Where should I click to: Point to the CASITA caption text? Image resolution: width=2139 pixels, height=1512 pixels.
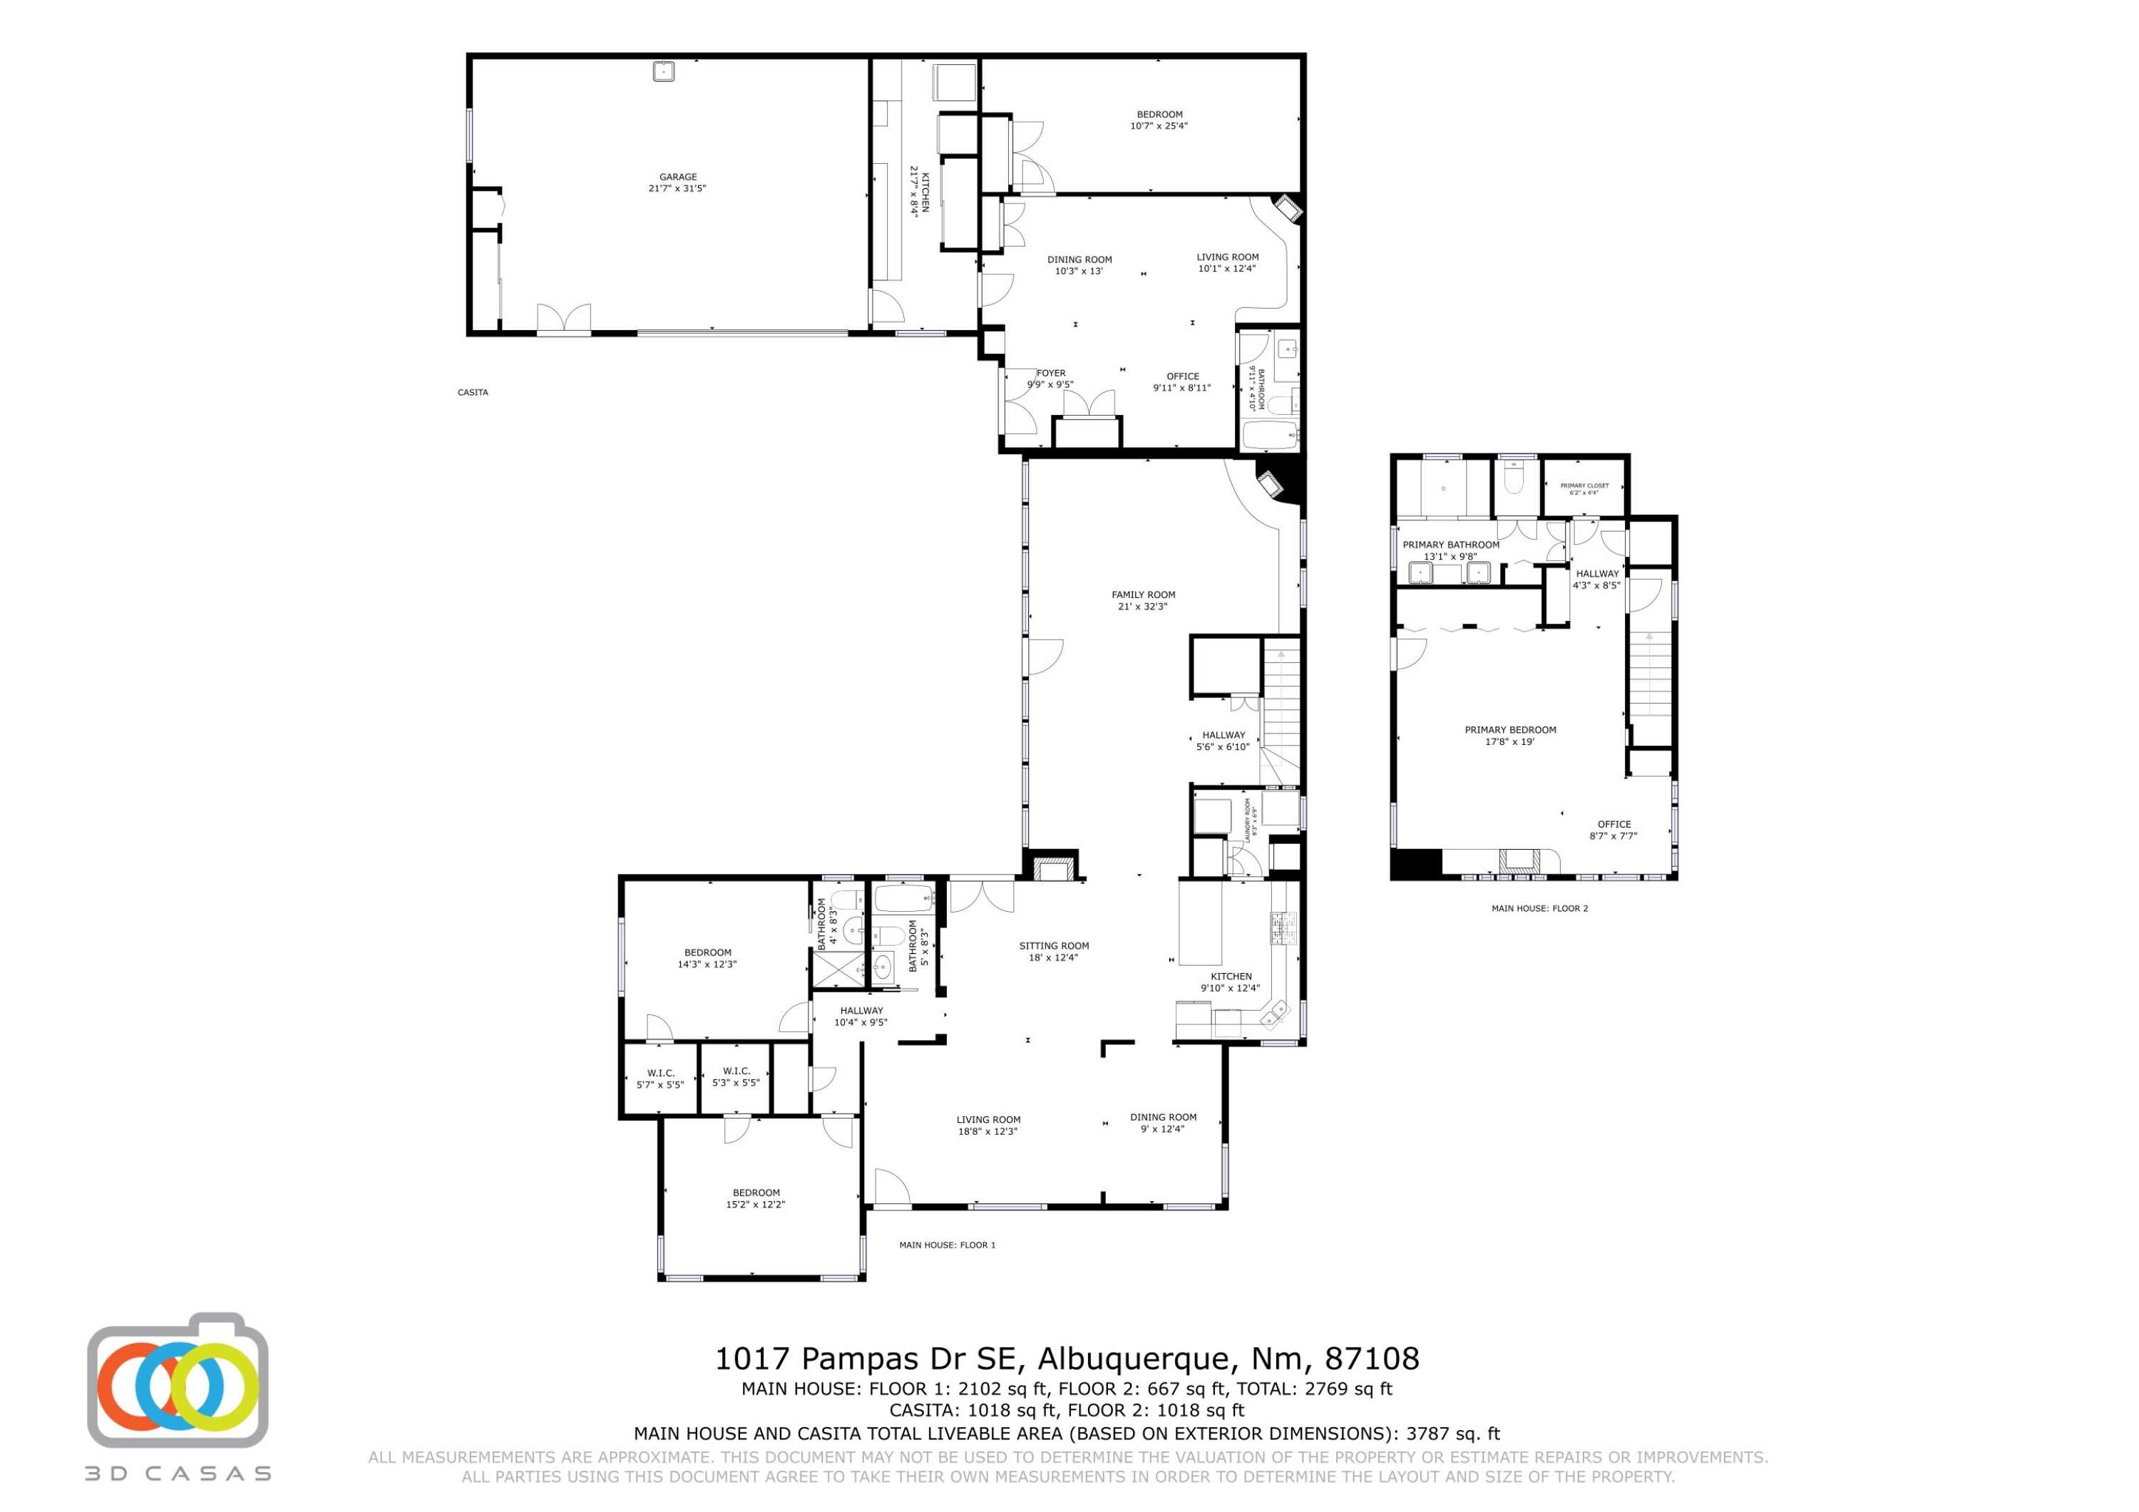(x=472, y=392)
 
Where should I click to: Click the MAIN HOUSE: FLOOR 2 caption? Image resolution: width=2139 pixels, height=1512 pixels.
(x=1539, y=907)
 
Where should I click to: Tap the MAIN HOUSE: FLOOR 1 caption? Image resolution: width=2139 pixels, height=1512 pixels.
(x=947, y=1245)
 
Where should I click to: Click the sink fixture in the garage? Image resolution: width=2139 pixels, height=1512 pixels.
(x=662, y=71)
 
